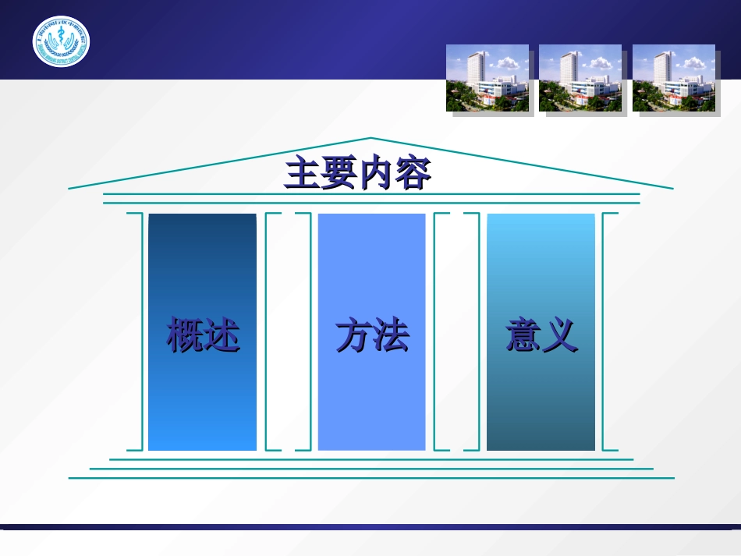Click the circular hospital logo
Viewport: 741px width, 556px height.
pyautogui.click(x=61, y=41)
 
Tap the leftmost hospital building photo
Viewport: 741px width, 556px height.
pyautogui.click(x=487, y=79)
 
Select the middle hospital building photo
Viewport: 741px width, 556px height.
pyautogui.click(x=580, y=79)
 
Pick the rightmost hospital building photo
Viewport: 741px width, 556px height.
pyautogui.click(x=674, y=79)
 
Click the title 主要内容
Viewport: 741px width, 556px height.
pyautogui.click(x=358, y=174)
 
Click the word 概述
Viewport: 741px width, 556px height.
pyautogui.click(x=203, y=336)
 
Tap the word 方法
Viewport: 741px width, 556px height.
pyautogui.click(x=372, y=336)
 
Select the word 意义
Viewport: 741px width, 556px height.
pyautogui.click(x=541, y=336)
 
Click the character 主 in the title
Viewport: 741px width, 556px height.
pyautogui.click(x=303, y=174)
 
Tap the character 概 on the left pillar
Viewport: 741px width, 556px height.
pyautogui.click(x=185, y=336)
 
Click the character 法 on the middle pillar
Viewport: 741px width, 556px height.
pyautogui.click(x=391, y=336)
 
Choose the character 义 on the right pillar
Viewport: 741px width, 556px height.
pyautogui.click(x=560, y=336)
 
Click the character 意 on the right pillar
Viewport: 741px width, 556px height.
pyautogui.click(x=523, y=336)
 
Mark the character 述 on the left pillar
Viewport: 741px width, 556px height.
pyautogui.click(x=222, y=336)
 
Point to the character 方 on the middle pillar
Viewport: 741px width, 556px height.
pyautogui.click(x=354, y=336)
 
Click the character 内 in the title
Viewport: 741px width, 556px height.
pyautogui.click(x=377, y=174)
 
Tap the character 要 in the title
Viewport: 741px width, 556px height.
pyautogui.click(x=339, y=174)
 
